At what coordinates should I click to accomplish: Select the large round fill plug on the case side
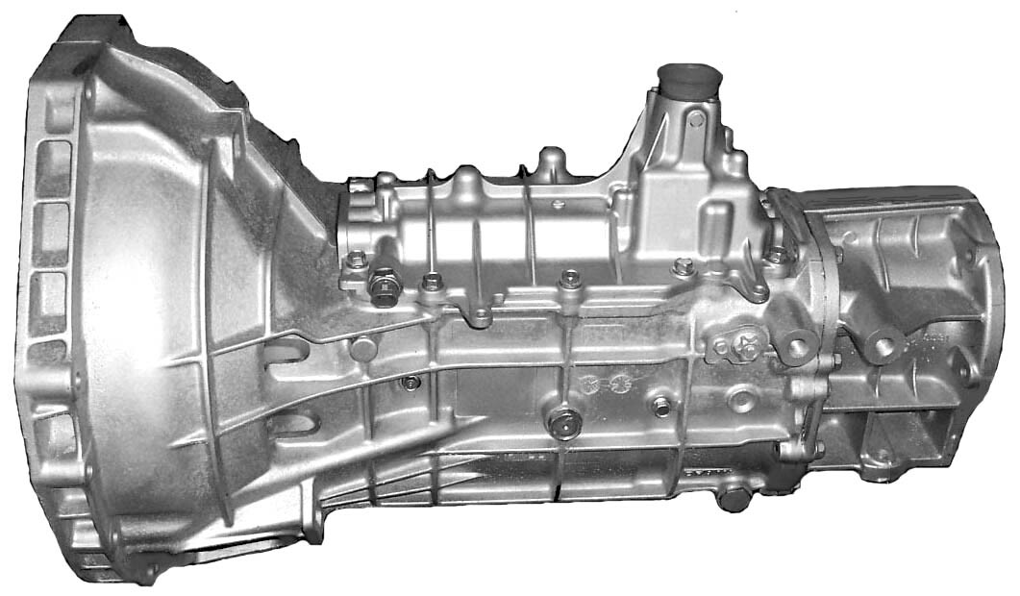pyautogui.click(x=564, y=422)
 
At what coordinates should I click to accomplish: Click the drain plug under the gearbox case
pyautogui.click(x=734, y=497)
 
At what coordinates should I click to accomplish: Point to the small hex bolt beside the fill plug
pyautogui.click(x=661, y=407)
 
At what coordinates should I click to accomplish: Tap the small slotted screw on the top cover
pyautogui.click(x=557, y=205)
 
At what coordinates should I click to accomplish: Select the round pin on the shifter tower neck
pyautogui.click(x=693, y=119)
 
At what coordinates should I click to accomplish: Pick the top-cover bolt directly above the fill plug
pyautogui.click(x=571, y=279)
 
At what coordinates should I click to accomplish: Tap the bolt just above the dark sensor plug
pyautogui.click(x=356, y=259)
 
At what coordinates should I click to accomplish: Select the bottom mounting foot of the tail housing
pyautogui.click(x=877, y=463)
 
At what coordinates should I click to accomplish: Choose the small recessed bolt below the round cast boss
pyautogui.click(x=410, y=384)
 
